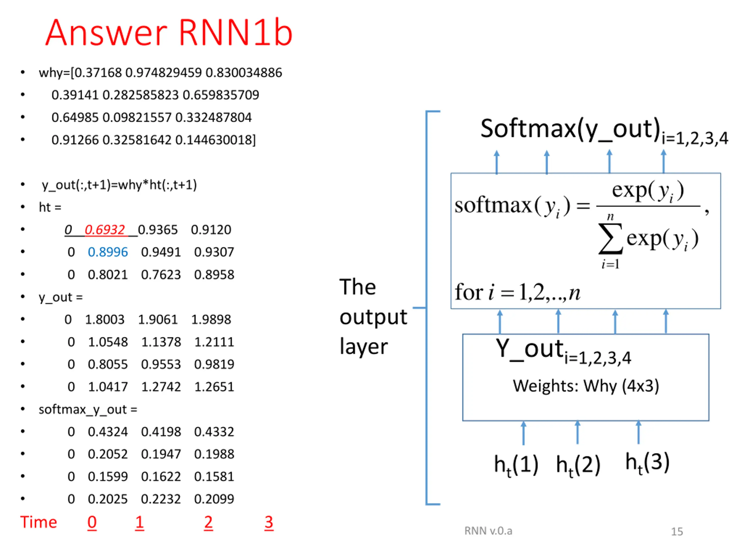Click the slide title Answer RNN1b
click(x=169, y=32)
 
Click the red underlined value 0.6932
click(x=105, y=230)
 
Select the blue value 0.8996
click(x=108, y=252)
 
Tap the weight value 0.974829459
click(x=163, y=73)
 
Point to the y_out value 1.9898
click(x=211, y=319)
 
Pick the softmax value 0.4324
click(x=108, y=432)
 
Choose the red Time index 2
click(x=208, y=522)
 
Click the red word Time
click(x=39, y=522)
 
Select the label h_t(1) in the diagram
click(x=516, y=465)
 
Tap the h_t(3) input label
click(x=648, y=462)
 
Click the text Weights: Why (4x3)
click(x=586, y=386)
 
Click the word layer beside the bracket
click(x=364, y=346)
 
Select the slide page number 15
click(x=677, y=531)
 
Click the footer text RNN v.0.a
click(x=488, y=531)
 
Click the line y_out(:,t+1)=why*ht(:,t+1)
click(x=119, y=185)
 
